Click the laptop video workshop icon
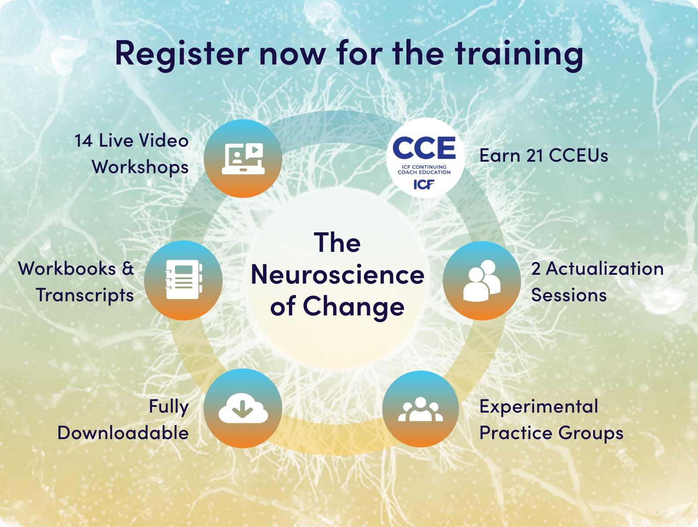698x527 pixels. [x=243, y=158]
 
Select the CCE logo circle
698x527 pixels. [x=425, y=158]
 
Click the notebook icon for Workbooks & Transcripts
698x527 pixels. [x=183, y=280]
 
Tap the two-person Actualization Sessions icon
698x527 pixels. [x=482, y=281]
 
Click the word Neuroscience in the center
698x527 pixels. [x=338, y=275]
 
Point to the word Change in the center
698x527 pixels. [x=353, y=307]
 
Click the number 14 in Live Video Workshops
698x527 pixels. [x=83, y=141]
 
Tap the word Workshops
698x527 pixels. [x=140, y=167]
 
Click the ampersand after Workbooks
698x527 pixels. [x=128, y=269]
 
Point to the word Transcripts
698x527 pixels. [x=84, y=296]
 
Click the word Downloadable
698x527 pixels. [x=123, y=433]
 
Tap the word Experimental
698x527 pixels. [x=539, y=407]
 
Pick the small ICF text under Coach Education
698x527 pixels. [x=424, y=184]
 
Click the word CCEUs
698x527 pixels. [x=578, y=156]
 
